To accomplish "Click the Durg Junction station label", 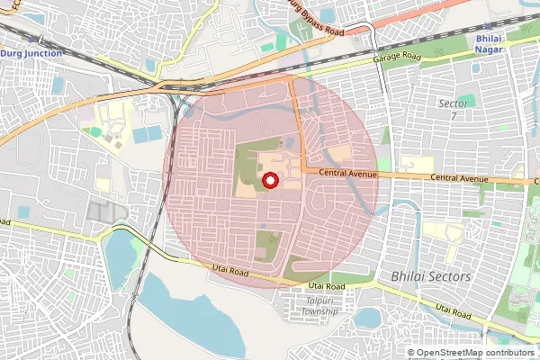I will click(31, 53).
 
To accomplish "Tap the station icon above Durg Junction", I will click(32, 40).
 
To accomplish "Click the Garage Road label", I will click(398, 56).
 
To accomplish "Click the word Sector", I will click(453, 104).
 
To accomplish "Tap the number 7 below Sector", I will click(453, 117).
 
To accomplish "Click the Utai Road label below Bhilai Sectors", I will click(454, 310).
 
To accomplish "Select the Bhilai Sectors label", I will click(431, 276).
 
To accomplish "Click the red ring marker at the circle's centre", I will click(269, 181).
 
